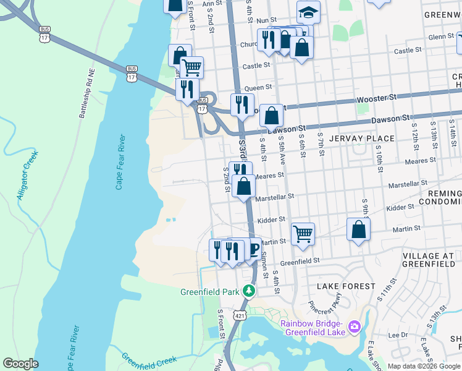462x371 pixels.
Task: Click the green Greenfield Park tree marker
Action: click(248, 290)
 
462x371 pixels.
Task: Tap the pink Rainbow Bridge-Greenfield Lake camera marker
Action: click(355, 326)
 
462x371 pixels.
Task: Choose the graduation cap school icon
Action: click(308, 12)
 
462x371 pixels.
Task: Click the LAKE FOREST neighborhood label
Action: click(346, 286)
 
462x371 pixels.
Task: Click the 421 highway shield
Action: click(239, 315)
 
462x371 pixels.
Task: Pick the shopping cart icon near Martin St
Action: click(303, 234)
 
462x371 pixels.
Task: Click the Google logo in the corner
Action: click(21, 364)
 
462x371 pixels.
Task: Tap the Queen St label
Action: click(258, 88)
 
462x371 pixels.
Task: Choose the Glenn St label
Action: click(441, 37)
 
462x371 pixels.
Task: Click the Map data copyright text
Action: click(424, 366)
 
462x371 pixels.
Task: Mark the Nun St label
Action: click(266, 20)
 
